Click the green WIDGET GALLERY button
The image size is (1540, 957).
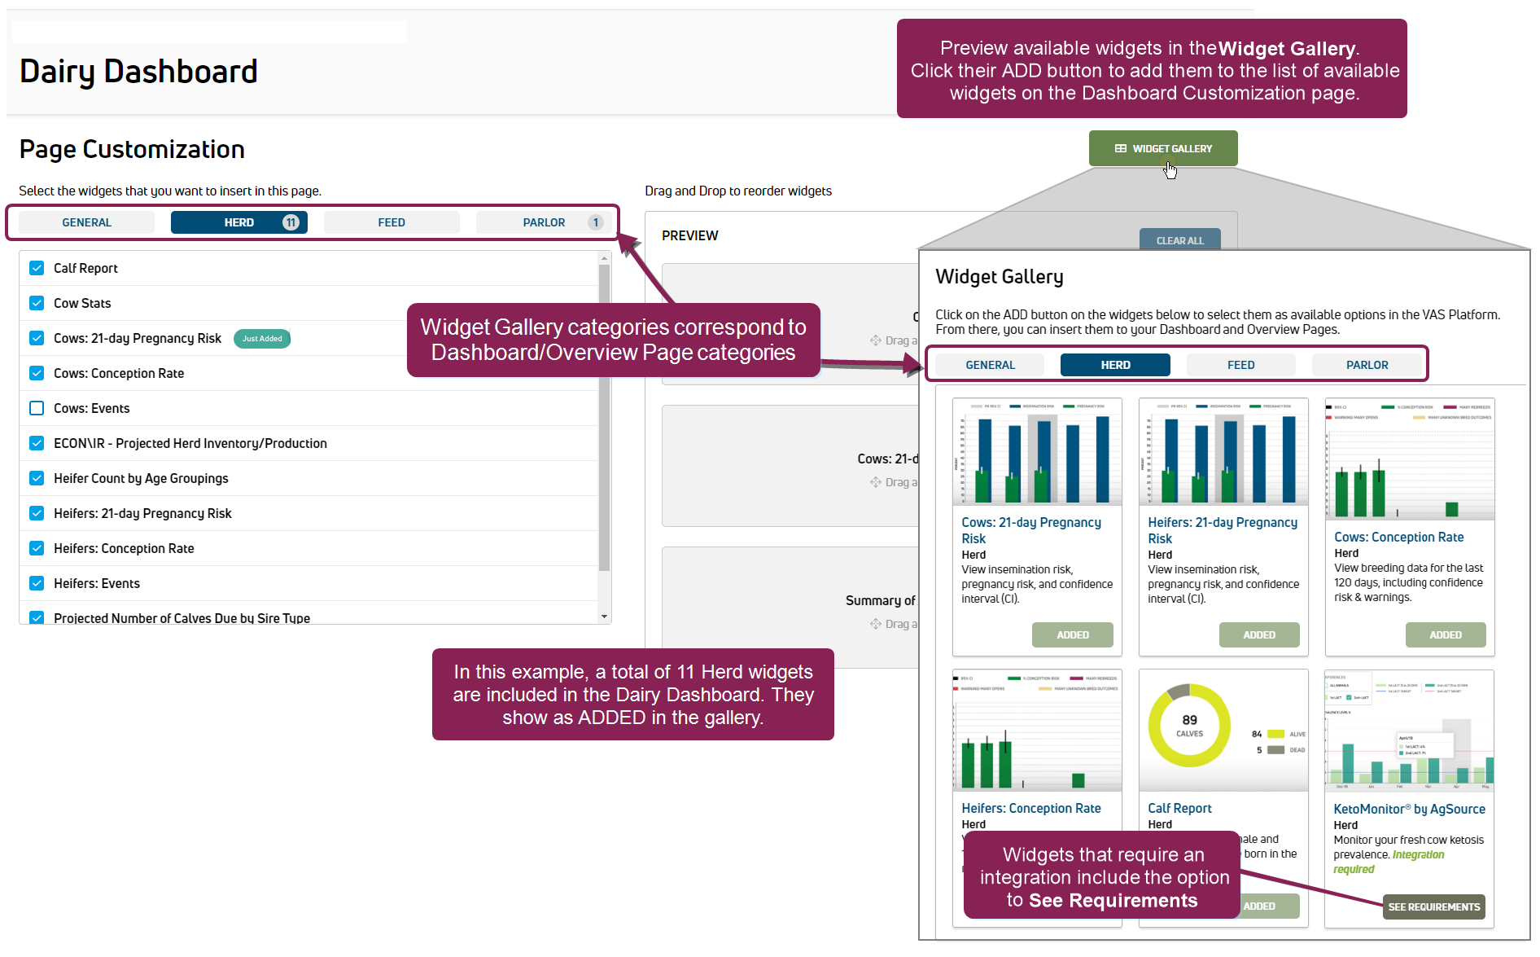(x=1162, y=148)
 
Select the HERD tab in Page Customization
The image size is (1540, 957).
(x=238, y=222)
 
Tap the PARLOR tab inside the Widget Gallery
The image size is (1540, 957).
(x=1367, y=365)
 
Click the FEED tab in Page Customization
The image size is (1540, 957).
(x=391, y=222)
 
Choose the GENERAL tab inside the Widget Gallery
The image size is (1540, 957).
(x=990, y=365)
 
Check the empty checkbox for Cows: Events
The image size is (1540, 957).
(x=37, y=408)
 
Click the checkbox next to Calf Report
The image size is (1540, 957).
(x=37, y=268)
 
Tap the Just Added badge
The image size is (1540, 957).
(x=262, y=339)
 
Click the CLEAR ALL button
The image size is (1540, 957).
(x=1179, y=240)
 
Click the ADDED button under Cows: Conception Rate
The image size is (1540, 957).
(x=1445, y=634)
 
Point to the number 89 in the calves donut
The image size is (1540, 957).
(x=1189, y=720)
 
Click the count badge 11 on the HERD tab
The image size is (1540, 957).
(x=291, y=222)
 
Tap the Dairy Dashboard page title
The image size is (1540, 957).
(x=138, y=72)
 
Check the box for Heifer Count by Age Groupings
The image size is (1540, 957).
(x=37, y=478)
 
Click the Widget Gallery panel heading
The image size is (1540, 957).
(x=999, y=277)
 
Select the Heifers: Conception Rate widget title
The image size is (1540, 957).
(x=1030, y=808)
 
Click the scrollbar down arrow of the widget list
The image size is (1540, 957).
(x=604, y=617)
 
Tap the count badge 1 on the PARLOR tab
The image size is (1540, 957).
(x=596, y=222)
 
